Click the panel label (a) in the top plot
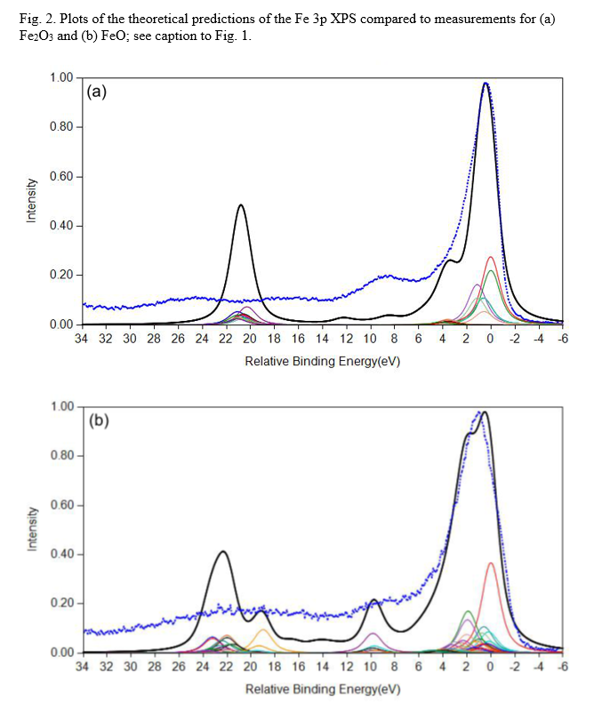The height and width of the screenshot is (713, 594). click(97, 91)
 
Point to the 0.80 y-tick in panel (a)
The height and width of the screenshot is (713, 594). click(62, 126)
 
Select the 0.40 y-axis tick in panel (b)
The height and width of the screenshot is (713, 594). click(62, 555)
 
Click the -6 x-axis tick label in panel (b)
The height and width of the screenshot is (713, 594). click(563, 668)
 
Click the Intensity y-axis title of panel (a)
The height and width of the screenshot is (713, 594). click(32, 200)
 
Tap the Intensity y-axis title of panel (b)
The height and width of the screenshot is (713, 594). click(32, 530)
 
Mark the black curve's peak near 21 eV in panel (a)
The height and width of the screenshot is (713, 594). click(241, 205)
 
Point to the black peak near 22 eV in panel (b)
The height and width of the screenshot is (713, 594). click(223, 551)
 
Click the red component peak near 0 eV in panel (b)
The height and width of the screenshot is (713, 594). click(491, 563)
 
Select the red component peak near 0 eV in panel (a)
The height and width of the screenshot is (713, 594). click(491, 257)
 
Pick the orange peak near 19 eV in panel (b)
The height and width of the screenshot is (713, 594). click(262, 630)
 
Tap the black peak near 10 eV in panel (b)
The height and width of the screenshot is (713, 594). click(373, 600)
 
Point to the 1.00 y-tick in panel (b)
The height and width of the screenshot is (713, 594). click(62, 407)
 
